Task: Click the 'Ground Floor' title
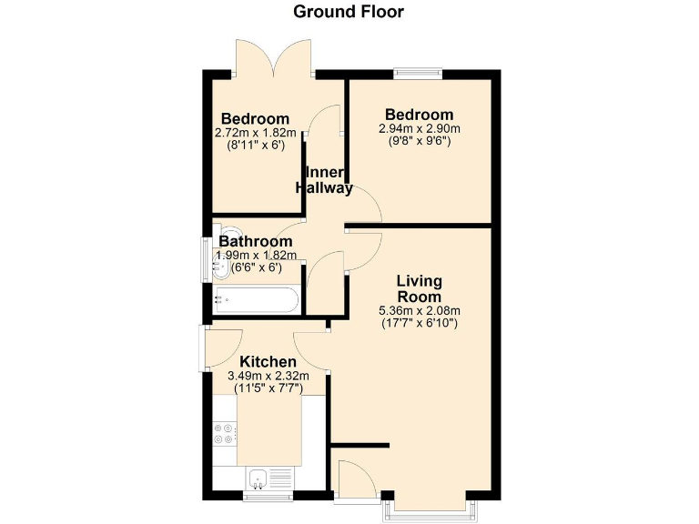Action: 349,12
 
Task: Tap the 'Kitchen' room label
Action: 268,362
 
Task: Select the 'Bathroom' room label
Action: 255,242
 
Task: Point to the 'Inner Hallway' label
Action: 325,181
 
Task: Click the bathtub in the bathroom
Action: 256,299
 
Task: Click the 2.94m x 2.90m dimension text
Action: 419,129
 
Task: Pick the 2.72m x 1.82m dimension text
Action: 256,133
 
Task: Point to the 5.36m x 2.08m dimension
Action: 419,311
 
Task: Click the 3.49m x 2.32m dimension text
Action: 268,376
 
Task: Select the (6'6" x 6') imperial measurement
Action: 256,267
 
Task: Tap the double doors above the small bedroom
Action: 275,59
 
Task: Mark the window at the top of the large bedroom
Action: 419,72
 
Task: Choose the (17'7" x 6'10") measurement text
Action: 419,323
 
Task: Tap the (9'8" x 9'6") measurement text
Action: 419,141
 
